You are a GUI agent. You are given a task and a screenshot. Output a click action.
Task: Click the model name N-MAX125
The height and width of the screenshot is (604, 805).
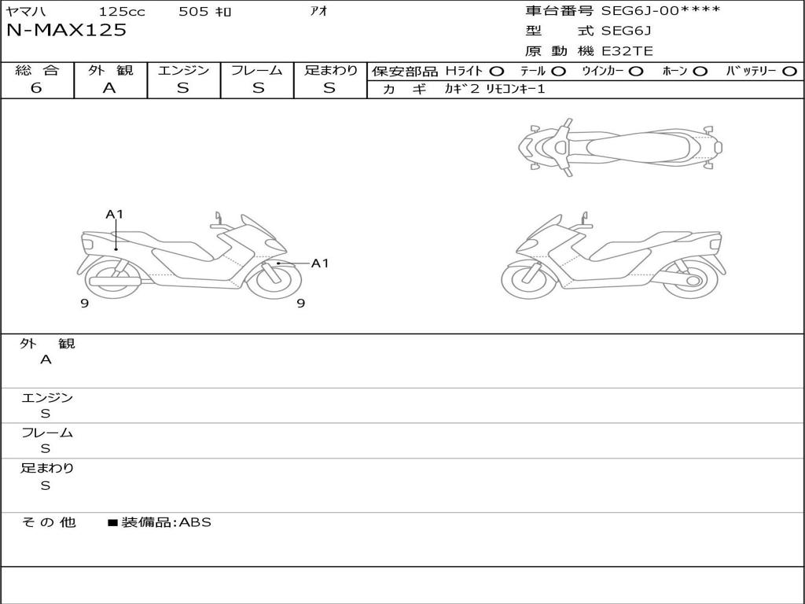coord(66,31)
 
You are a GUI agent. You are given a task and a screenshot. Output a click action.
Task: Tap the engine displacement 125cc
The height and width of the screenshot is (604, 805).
coord(122,11)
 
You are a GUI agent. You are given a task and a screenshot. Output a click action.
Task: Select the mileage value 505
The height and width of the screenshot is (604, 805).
coord(193,11)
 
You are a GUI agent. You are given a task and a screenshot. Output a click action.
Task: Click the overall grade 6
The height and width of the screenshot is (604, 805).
coord(36,88)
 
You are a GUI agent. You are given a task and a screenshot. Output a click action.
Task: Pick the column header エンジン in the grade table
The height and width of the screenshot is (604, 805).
coord(183,70)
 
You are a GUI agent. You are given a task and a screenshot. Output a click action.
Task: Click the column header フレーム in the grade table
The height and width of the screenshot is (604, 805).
coord(257,70)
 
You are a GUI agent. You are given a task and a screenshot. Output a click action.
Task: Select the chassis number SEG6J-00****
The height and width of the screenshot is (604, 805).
coord(660,10)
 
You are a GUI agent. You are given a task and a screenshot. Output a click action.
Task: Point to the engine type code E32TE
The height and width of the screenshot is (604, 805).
coord(627,51)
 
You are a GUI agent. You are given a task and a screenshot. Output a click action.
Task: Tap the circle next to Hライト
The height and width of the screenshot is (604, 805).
coord(497,72)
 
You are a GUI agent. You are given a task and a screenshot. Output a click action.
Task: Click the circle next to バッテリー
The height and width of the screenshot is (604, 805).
coord(789,72)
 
